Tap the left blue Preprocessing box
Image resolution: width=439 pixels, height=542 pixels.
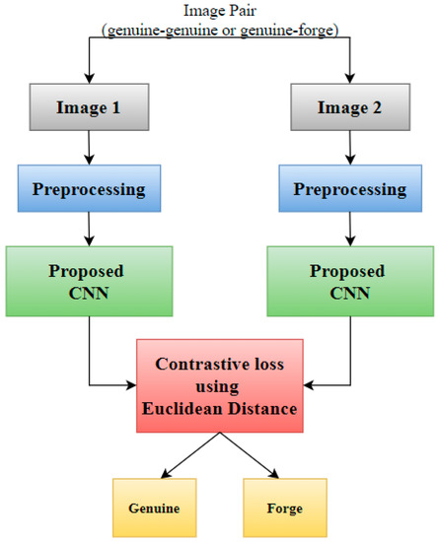(90, 188)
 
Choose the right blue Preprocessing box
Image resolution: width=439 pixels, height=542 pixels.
(350, 188)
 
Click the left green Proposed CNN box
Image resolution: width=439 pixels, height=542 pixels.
(90, 282)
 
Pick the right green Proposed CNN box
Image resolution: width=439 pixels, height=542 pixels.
(350, 282)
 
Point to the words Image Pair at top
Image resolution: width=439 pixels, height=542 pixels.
(219, 11)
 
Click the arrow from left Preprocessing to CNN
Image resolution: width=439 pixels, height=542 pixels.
(90, 231)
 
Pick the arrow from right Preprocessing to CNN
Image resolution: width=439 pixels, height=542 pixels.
(350, 231)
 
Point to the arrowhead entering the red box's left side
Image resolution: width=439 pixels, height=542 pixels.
(131, 382)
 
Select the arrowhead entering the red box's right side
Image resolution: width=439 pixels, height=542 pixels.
(309, 382)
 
